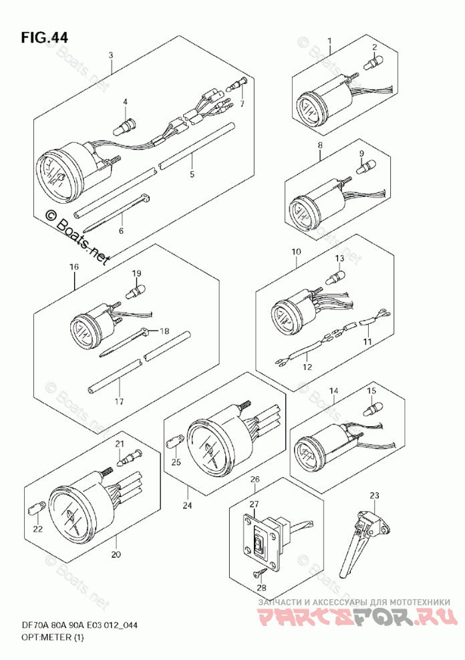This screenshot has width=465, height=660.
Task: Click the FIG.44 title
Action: click(43, 37)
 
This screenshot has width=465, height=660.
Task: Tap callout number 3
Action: click(111, 55)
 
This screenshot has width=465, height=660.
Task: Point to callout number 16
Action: click(73, 267)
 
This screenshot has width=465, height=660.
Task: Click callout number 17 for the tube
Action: click(120, 401)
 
